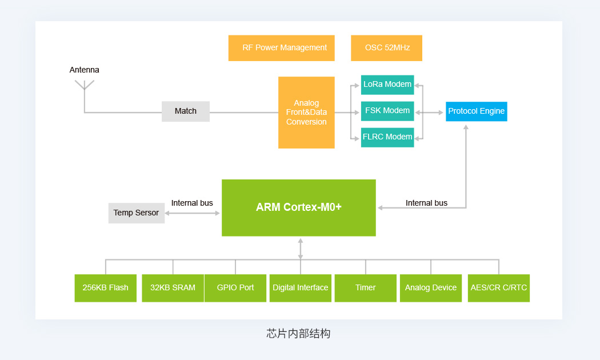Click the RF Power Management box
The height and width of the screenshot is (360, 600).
pos(281,48)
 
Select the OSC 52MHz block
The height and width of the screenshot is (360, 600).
pos(386,48)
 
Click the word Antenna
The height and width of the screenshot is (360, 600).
pos(84,70)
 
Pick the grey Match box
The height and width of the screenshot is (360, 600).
pos(186,111)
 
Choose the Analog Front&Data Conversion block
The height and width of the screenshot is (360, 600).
pos(306,113)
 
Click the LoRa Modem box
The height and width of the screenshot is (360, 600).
pos(387,85)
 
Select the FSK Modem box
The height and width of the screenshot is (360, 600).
pos(387,111)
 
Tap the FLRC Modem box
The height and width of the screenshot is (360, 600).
pos(387,137)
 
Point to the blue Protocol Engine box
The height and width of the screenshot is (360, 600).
pos(477,111)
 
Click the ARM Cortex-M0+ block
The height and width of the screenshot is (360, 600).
pos(298,208)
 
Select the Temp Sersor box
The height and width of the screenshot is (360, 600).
pos(136,213)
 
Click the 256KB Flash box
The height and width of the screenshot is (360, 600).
pos(106,288)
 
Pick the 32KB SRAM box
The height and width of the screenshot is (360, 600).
pos(173,288)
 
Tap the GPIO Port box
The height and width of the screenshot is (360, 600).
pos(235,288)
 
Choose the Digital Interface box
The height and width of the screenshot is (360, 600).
pos(301,288)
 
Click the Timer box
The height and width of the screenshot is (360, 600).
pos(366,288)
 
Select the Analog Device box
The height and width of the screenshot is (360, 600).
pos(431,288)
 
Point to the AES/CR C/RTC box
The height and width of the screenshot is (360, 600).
pos(499,288)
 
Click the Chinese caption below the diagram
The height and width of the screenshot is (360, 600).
pos(298,334)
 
